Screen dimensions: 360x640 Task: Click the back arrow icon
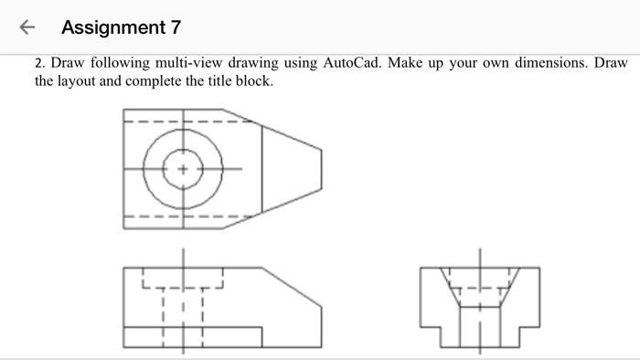click(28, 27)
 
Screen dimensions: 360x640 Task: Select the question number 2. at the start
click(40, 63)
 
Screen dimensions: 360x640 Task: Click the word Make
click(418, 63)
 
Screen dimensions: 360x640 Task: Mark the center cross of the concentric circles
click(182, 169)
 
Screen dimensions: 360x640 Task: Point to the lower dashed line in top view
click(183, 217)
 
